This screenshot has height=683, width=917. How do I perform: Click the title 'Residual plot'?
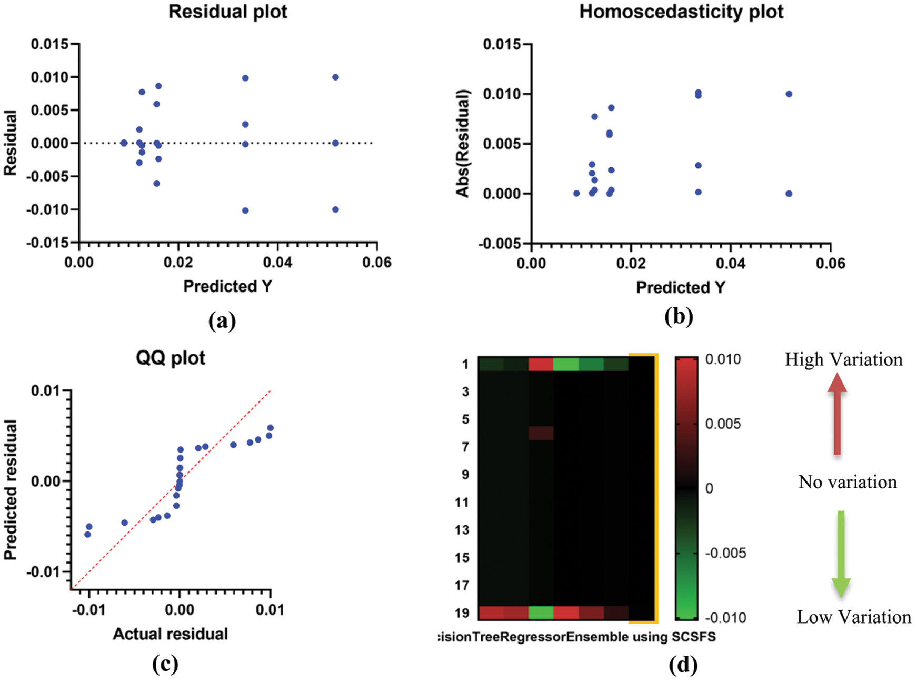(227, 12)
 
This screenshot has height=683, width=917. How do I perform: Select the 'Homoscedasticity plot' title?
(681, 12)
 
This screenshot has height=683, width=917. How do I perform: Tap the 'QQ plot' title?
(171, 358)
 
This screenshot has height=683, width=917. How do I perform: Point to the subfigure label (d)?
(683, 666)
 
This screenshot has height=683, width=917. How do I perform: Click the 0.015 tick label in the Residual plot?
(49, 44)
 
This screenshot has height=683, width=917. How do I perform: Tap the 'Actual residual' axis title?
(171, 634)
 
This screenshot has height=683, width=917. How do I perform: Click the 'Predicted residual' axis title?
(11, 489)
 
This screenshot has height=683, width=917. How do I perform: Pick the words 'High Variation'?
(843, 360)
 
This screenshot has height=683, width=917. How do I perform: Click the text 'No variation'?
(848, 482)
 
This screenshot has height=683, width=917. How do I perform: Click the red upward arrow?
(837, 414)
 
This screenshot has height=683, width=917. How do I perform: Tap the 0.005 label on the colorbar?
(723, 424)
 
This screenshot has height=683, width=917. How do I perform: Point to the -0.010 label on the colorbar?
(725, 618)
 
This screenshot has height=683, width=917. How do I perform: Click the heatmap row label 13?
(462, 530)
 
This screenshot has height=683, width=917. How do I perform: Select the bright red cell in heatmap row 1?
(541, 364)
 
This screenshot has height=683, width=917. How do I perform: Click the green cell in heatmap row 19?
(541, 613)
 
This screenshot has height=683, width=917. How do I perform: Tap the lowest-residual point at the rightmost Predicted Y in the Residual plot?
(335, 209)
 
